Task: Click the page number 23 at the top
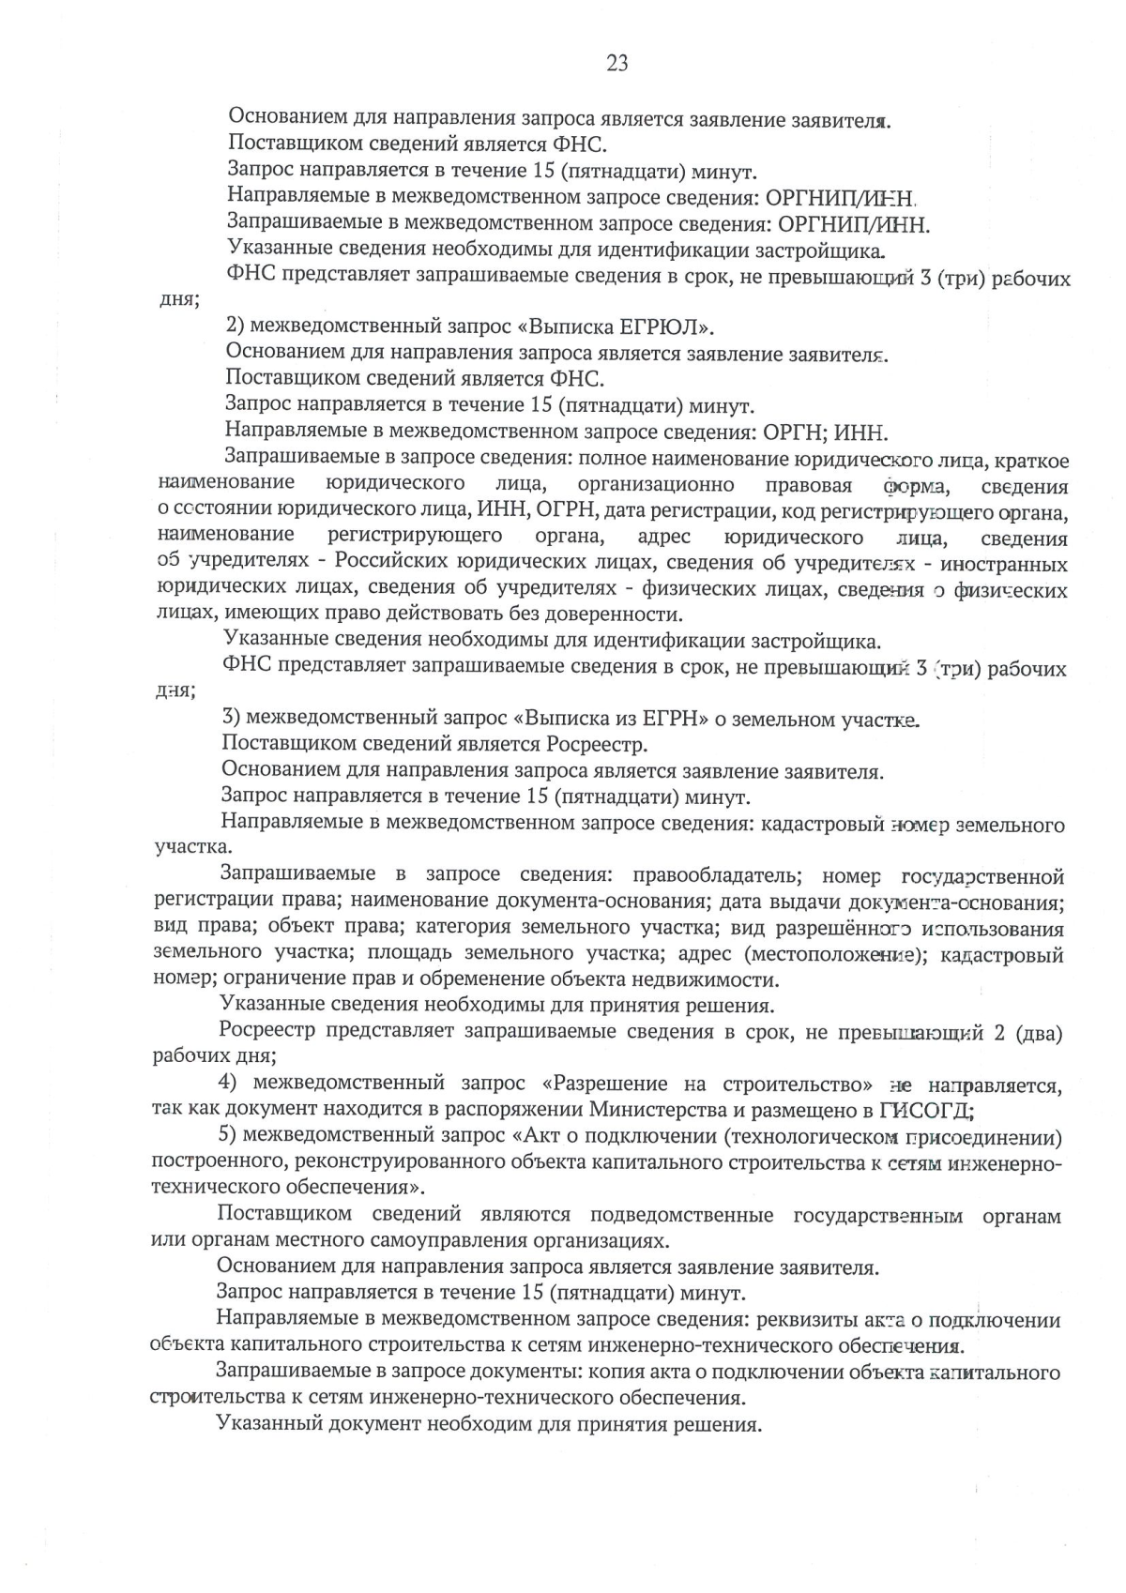pyautogui.click(x=617, y=64)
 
